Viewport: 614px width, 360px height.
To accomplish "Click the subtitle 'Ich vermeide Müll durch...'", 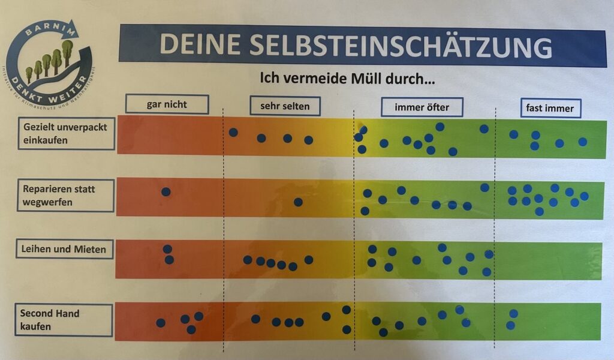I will click(347, 77).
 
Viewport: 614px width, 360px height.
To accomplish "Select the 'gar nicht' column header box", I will click(167, 104).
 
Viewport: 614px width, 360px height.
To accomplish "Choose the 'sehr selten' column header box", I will click(285, 106).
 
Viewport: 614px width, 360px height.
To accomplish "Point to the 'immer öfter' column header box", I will click(422, 107).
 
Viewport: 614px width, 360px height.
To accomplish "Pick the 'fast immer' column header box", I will click(550, 108).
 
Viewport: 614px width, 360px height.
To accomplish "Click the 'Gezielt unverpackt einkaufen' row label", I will click(65, 133).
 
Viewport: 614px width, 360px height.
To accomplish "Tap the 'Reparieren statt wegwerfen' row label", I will click(65, 196).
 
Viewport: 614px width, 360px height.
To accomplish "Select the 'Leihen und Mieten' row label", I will click(65, 249).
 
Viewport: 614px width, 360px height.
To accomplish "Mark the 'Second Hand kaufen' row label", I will click(63, 320).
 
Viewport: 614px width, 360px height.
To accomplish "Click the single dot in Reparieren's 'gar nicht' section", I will click(165, 192).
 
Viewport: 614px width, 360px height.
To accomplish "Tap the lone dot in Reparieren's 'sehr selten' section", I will click(298, 202).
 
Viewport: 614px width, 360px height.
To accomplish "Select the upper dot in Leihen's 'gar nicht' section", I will click(167, 249).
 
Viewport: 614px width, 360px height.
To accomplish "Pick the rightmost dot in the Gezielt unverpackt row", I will click(582, 142).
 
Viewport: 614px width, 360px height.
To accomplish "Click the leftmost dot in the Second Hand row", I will click(161, 323).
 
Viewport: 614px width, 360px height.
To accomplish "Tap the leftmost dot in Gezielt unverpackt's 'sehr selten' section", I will click(233, 132).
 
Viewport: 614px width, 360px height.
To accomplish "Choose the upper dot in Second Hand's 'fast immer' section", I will click(513, 314).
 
